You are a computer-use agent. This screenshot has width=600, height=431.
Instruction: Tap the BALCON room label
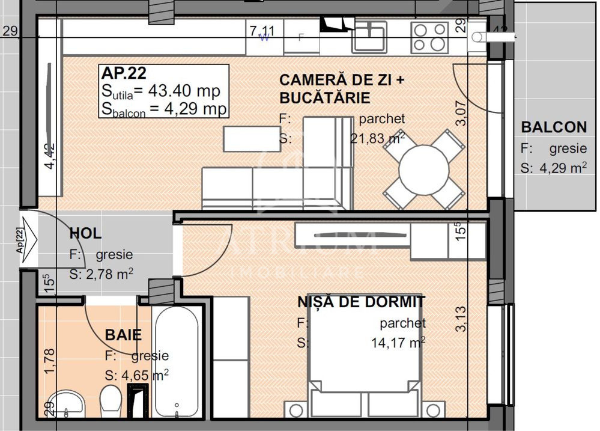[x=554, y=127]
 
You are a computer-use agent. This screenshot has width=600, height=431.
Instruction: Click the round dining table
[x=424, y=169]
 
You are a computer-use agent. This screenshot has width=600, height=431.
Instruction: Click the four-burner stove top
[x=429, y=37]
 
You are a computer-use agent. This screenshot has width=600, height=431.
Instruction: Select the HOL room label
[x=85, y=233]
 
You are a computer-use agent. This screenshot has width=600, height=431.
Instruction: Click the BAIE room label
[x=123, y=334]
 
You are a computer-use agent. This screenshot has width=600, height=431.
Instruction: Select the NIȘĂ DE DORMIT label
[x=362, y=302]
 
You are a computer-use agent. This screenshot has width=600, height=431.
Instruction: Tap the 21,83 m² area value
[x=377, y=139]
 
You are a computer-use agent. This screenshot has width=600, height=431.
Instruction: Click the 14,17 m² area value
[x=398, y=343]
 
